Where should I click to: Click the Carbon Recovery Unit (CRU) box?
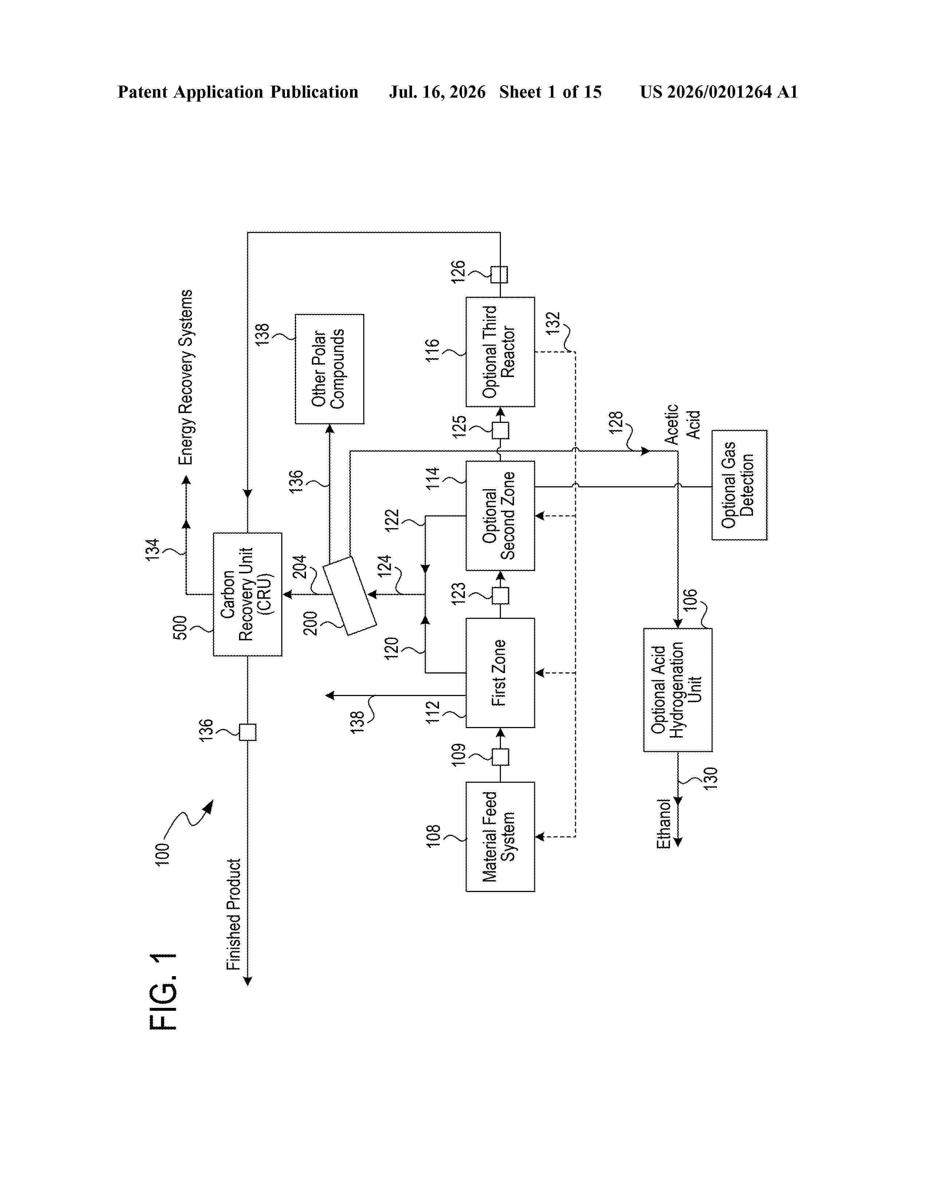248,594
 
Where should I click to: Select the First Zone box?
500,672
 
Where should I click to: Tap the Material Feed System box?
500,837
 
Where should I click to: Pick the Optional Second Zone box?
500,516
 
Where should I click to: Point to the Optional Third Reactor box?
500,352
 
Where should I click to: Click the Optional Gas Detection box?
739,485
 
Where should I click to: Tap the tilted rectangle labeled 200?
349,596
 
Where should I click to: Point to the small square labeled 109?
500,757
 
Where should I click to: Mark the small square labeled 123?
500,596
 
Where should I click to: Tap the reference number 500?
180,628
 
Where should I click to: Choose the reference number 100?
162,855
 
